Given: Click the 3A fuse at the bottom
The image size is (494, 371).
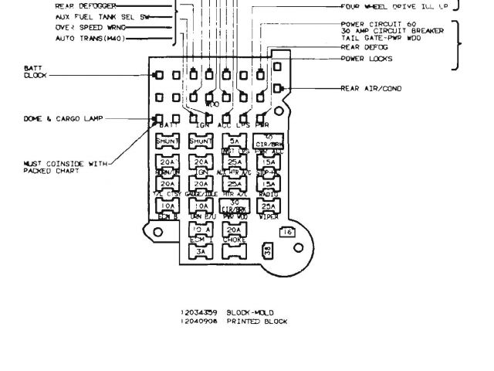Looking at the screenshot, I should pos(201,251).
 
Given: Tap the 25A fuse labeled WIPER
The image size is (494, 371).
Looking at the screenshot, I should pos(267,206).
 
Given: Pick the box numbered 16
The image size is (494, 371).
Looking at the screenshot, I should pos(286,232).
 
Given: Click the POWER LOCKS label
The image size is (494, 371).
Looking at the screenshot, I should pos(366,59).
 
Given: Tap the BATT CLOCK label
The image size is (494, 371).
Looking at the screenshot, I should pos(36,73).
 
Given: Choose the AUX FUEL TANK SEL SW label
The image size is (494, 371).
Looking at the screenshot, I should pos(92,15).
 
